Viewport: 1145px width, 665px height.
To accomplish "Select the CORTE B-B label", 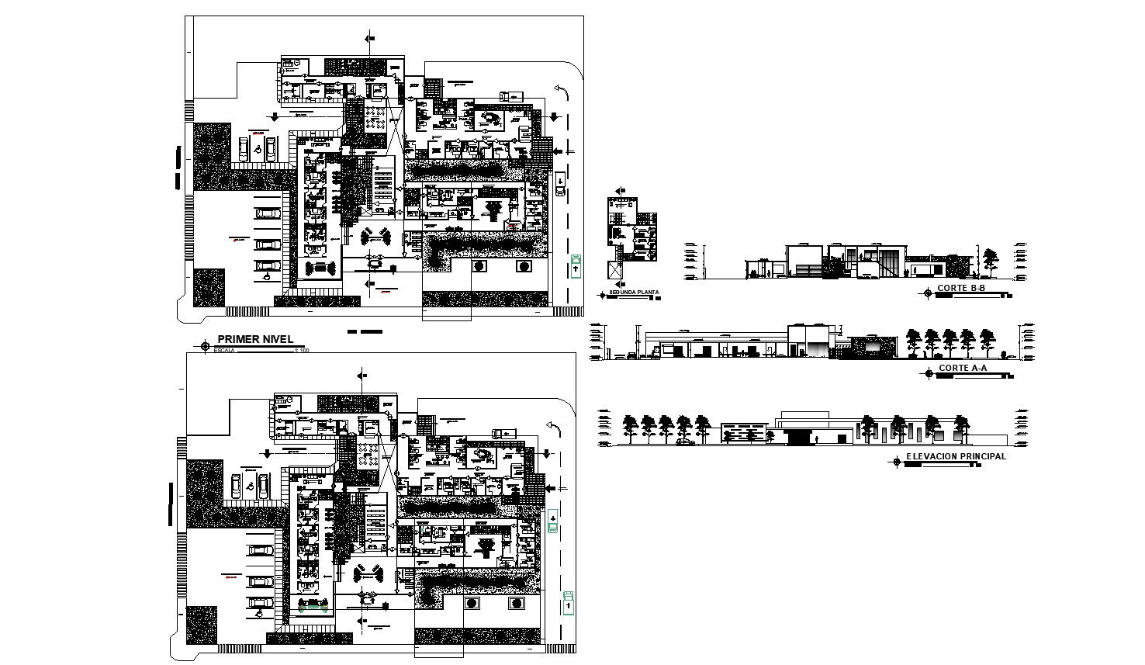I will (x=961, y=289).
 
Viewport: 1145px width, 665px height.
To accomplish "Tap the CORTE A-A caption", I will (x=963, y=369).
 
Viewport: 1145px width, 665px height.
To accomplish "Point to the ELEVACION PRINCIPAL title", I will (x=956, y=456).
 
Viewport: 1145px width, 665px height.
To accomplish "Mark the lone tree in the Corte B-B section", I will (x=991, y=261).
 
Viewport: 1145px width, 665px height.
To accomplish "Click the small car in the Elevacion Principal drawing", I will (x=686, y=442).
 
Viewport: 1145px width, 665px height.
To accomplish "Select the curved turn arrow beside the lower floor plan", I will (x=554, y=427).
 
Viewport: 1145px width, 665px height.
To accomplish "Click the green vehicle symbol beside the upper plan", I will (x=576, y=265).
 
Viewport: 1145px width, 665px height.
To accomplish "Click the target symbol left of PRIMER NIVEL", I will (x=206, y=345).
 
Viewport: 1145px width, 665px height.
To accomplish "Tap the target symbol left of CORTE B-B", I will (x=928, y=293).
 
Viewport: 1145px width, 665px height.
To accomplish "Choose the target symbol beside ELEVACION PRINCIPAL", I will (x=898, y=462).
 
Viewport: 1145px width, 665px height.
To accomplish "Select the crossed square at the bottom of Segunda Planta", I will (x=616, y=271).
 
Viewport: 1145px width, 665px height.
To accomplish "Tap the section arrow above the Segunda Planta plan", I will (x=619, y=191).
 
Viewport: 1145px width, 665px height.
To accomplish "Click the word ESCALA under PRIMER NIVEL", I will (x=224, y=351).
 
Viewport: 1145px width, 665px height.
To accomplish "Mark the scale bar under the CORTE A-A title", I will (x=974, y=376).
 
